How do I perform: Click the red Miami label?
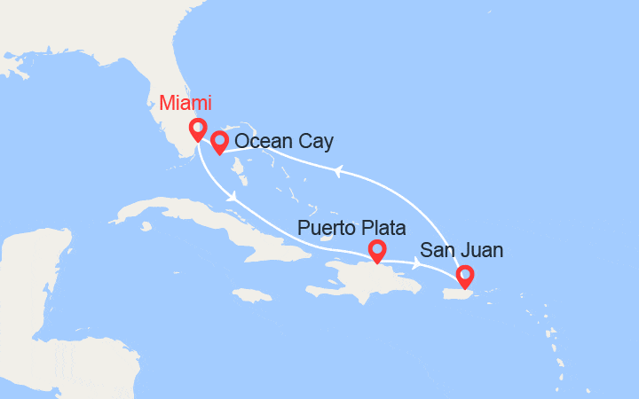tap(185, 103)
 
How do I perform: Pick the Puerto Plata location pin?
tap(377, 252)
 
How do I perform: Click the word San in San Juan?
tap(437, 251)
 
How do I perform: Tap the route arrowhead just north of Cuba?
tap(233, 198)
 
